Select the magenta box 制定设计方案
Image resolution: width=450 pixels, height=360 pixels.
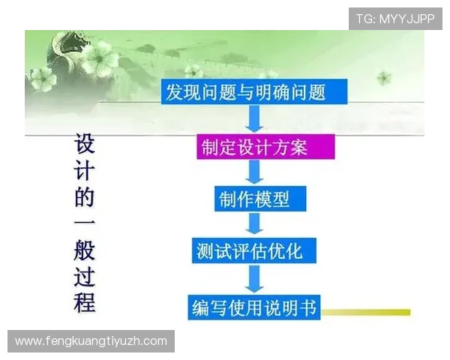tap(255, 145)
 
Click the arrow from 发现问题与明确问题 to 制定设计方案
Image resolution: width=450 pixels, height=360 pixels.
tap(256, 118)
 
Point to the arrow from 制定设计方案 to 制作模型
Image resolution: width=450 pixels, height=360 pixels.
tap(255, 172)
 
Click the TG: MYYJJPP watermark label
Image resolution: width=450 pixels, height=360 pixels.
tap(395, 19)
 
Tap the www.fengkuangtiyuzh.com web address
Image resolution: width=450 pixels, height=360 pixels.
tap(91, 341)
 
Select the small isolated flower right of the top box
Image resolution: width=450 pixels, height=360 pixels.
tap(384, 76)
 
